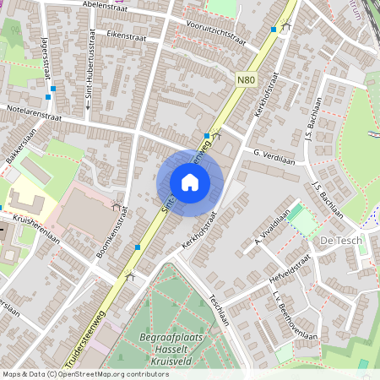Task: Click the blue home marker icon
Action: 190,182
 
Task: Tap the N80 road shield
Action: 246,80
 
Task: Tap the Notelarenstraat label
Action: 33,110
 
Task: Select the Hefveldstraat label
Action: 290,265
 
